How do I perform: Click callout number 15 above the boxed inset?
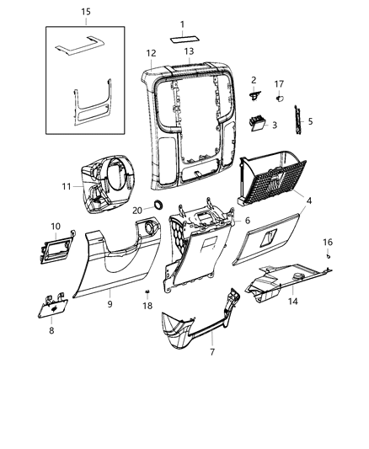[x=85, y=11]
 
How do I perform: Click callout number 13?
[x=189, y=51]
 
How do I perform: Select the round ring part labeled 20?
[x=157, y=206]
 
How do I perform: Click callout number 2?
[x=253, y=80]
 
